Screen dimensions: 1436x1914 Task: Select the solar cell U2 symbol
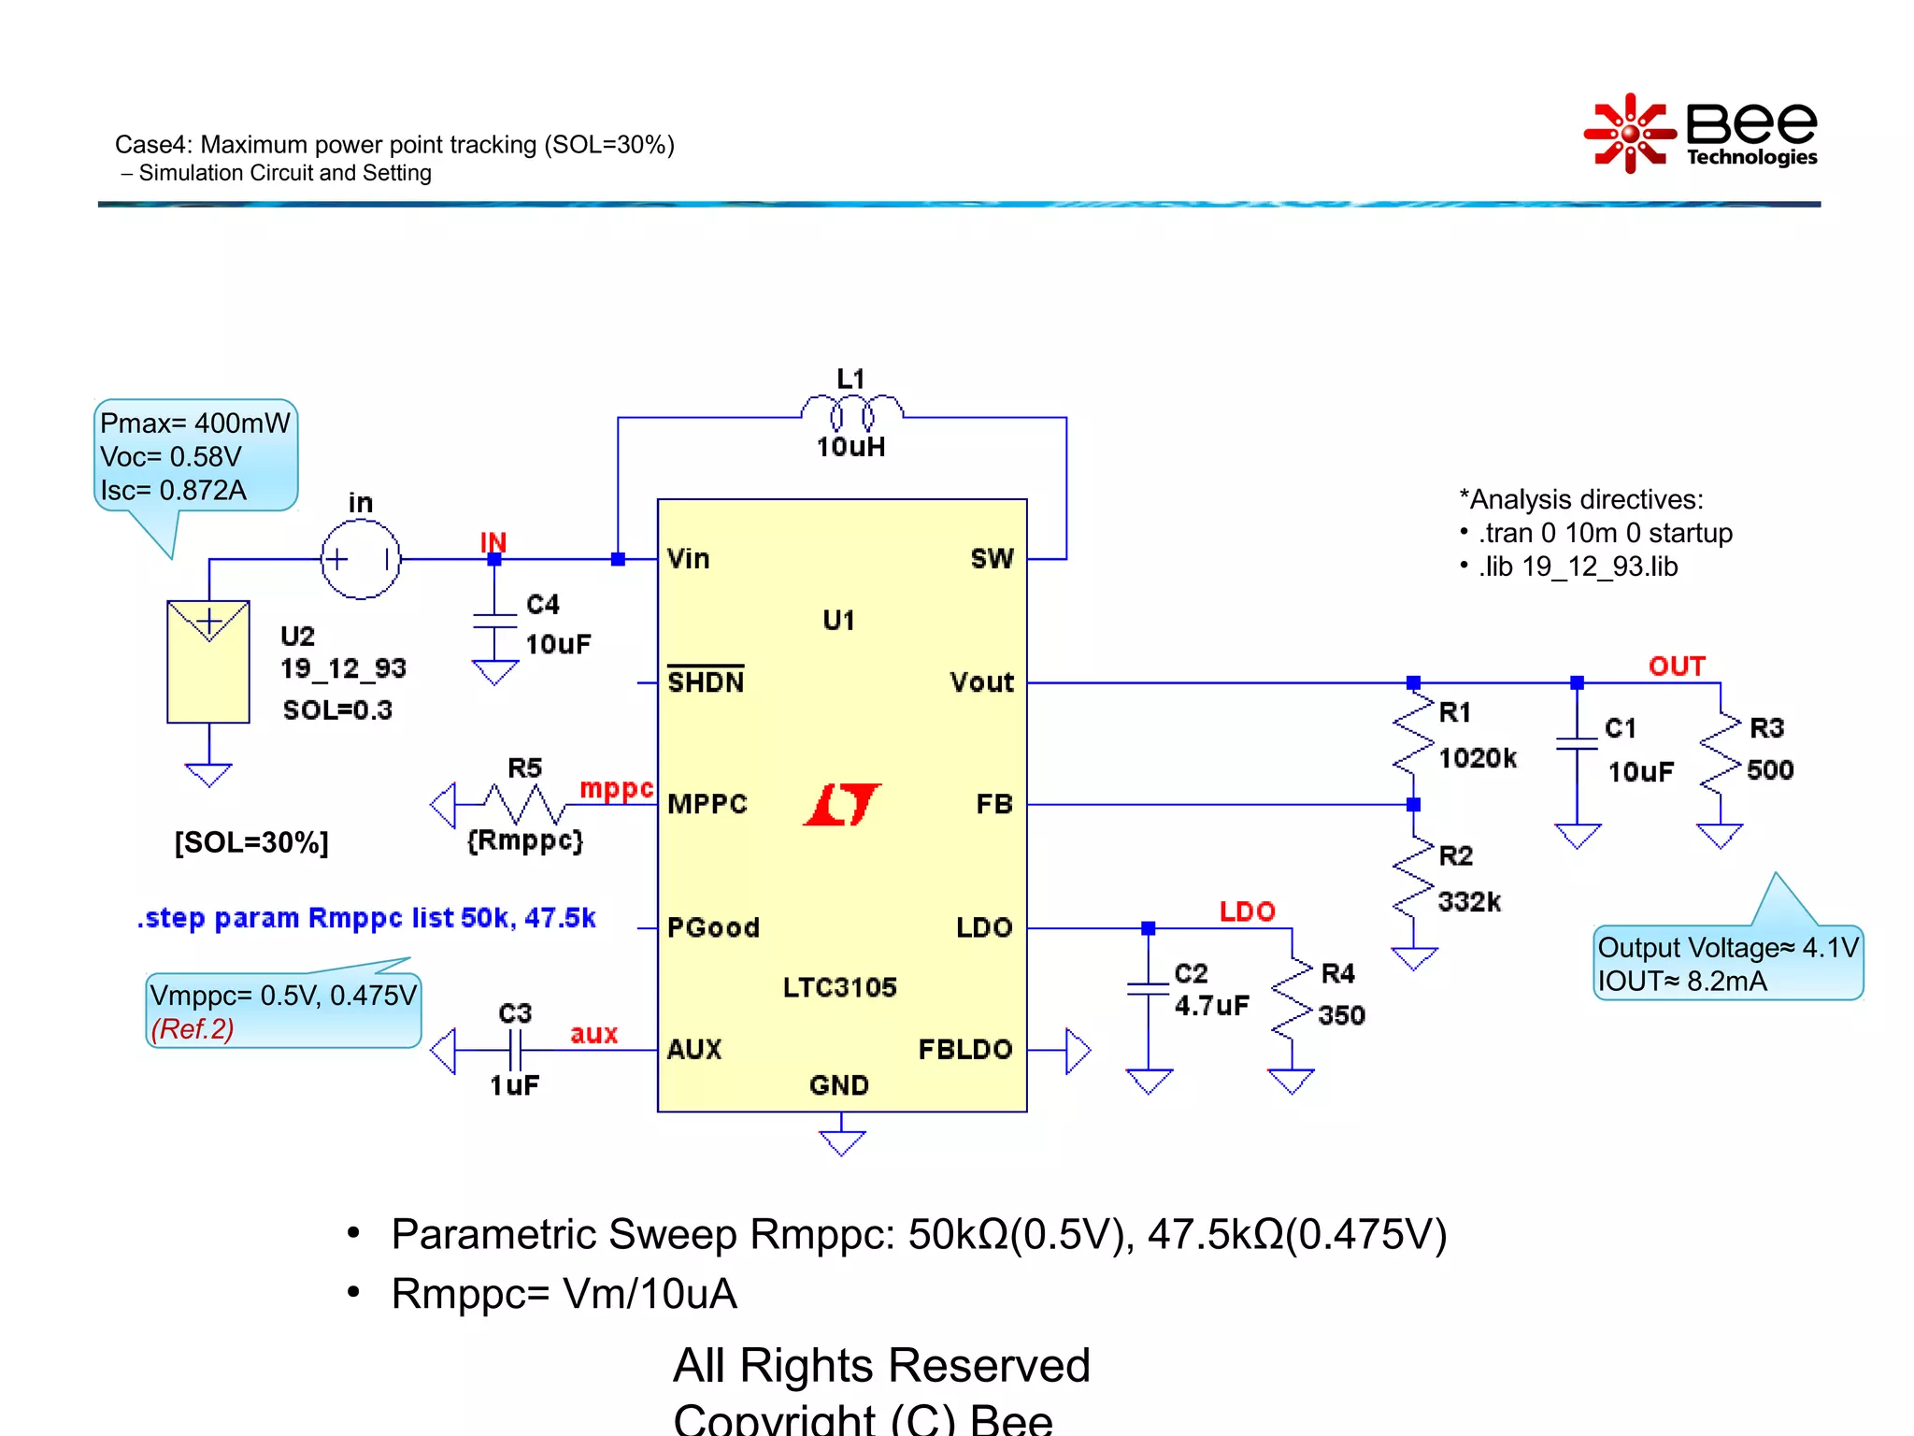[208, 661]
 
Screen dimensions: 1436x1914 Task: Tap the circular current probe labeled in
[361, 559]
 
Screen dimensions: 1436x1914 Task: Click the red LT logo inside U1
[841, 804]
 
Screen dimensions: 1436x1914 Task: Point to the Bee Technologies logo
[1701, 134]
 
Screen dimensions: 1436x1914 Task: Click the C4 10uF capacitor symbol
[494, 622]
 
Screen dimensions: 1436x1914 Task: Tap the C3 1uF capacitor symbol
[515, 1050]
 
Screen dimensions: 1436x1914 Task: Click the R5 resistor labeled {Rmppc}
[523, 804]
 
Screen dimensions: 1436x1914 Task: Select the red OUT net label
[1677, 666]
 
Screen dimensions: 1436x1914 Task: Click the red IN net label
[493, 541]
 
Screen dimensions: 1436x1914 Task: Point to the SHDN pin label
[706, 682]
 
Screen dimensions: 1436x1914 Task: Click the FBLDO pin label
[964, 1049]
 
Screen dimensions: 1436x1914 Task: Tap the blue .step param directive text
[366, 917]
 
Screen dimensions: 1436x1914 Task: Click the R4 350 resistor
[1292, 998]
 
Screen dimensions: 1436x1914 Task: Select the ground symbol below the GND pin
[841, 1142]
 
